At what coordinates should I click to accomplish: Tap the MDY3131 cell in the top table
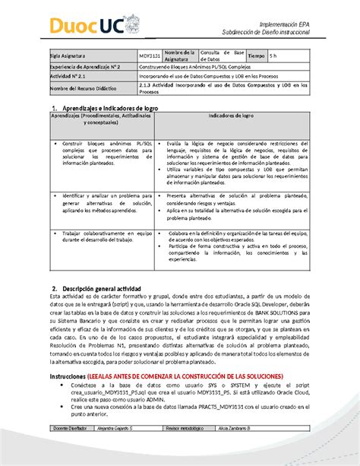click(149, 56)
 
